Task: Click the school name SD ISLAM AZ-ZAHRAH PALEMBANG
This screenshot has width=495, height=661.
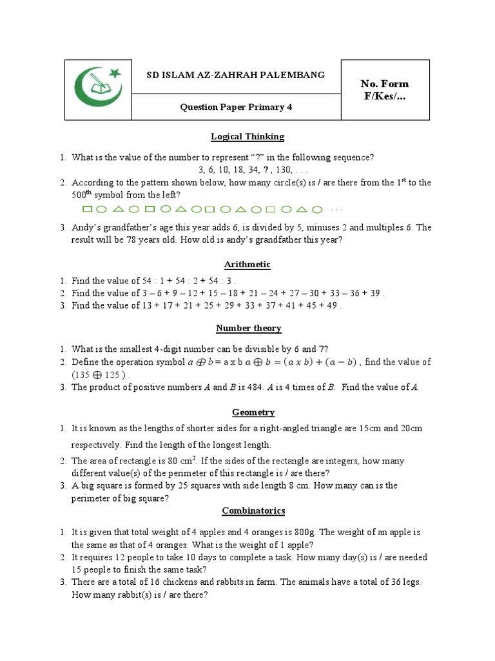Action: click(236, 76)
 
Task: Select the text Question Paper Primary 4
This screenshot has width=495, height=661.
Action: click(236, 107)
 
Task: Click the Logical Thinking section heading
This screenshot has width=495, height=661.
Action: click(247, 137)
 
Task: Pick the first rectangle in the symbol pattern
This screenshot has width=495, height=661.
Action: click(88, 209)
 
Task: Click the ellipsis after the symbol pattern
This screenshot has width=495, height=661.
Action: click(336, 210)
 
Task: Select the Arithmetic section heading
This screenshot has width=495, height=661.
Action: click(247, 265)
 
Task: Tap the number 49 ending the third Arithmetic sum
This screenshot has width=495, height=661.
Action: click(331, 306)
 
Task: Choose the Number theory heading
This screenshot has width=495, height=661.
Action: click(248, 329)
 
